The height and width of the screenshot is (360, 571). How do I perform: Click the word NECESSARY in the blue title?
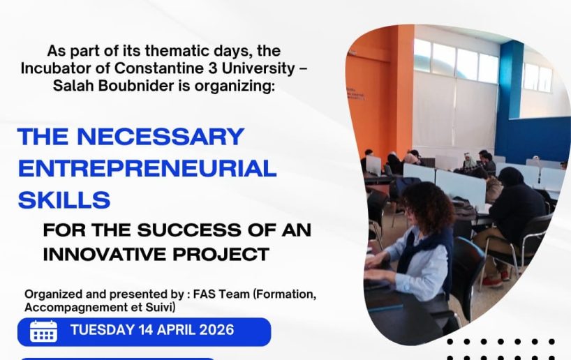tap(161, 136)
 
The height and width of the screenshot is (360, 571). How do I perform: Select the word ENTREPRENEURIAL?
tap(147, 168)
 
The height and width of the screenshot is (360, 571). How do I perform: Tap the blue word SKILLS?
tap(64, 200)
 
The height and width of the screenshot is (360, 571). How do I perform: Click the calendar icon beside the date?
tap(43, 331)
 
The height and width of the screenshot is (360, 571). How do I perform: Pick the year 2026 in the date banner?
tap(217, 330)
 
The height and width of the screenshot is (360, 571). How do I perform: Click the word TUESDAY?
tap(103, 330)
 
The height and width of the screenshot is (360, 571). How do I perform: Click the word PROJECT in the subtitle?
tap(221, 254)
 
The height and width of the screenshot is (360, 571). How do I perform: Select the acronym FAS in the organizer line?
tap(205, 294)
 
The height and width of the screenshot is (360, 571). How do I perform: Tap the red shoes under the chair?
tap(497, 278)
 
